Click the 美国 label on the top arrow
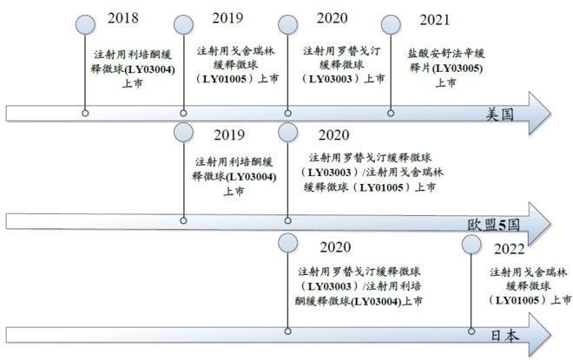(x=501, y=115)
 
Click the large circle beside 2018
(x=85, y=24)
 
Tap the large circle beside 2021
(x=392, y=24)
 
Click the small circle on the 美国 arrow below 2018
(x=85, y=112)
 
